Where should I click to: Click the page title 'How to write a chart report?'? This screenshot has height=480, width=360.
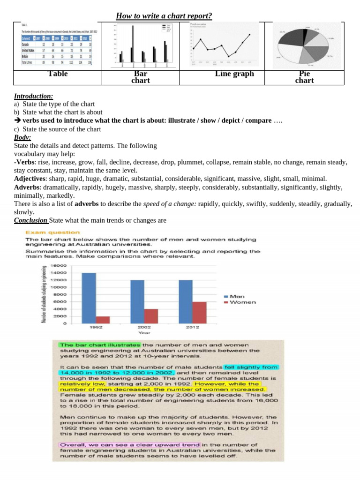tap(164, 16)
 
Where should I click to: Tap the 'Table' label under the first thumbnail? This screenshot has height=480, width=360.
tap(58, 74)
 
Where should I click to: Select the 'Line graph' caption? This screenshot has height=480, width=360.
tap(234, 74)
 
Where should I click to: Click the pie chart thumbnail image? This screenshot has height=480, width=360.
tap(305, 45)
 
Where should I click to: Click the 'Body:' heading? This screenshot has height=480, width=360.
tap(22, 137)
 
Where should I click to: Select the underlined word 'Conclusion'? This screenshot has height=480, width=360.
tap(30, 220)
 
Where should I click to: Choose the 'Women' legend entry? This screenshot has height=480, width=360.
tap(242, 302)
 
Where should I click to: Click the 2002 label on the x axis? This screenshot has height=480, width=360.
tap(144, 328)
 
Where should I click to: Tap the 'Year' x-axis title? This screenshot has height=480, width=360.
tap(144, 333)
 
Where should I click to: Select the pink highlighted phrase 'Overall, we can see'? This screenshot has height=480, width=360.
tap(129, 444)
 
